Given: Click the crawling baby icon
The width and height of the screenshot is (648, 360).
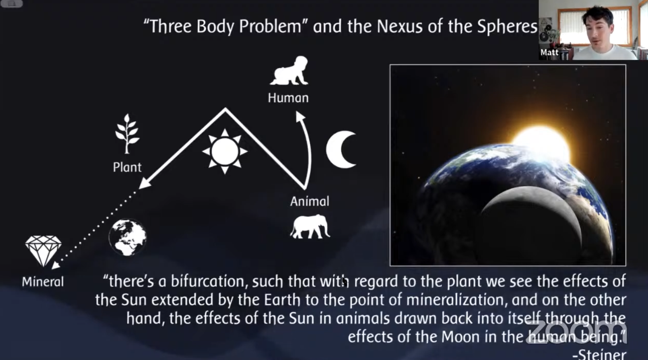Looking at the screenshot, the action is pyautogui.click(x=289, y=71).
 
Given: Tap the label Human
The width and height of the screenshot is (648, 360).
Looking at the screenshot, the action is pyautogui.click(x=288, y=98).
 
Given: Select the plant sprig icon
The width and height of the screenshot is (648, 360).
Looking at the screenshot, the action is pyautogui.click(x=127, y=133).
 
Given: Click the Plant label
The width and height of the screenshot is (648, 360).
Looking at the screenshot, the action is pyautogui.click(x=127, y=167).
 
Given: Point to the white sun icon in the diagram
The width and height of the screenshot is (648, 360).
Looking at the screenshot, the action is pyautogui.click(x=225, y=152).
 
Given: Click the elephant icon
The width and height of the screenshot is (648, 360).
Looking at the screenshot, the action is pyautogui.click(x=310, y=227).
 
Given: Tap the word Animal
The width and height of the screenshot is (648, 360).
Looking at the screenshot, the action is pyautogui.click(x=310, y=201).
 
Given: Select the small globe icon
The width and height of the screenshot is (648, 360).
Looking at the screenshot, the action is pyautogui.click(x=127, y=237).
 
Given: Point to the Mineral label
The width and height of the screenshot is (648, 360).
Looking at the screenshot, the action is pyautogui.click(x=43, y=282).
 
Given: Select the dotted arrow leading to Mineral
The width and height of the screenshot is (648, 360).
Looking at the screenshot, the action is pyautogui.click(x=94, y=229).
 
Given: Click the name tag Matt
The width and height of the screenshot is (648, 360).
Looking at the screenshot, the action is pyautogui.click(x=549, y=52).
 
